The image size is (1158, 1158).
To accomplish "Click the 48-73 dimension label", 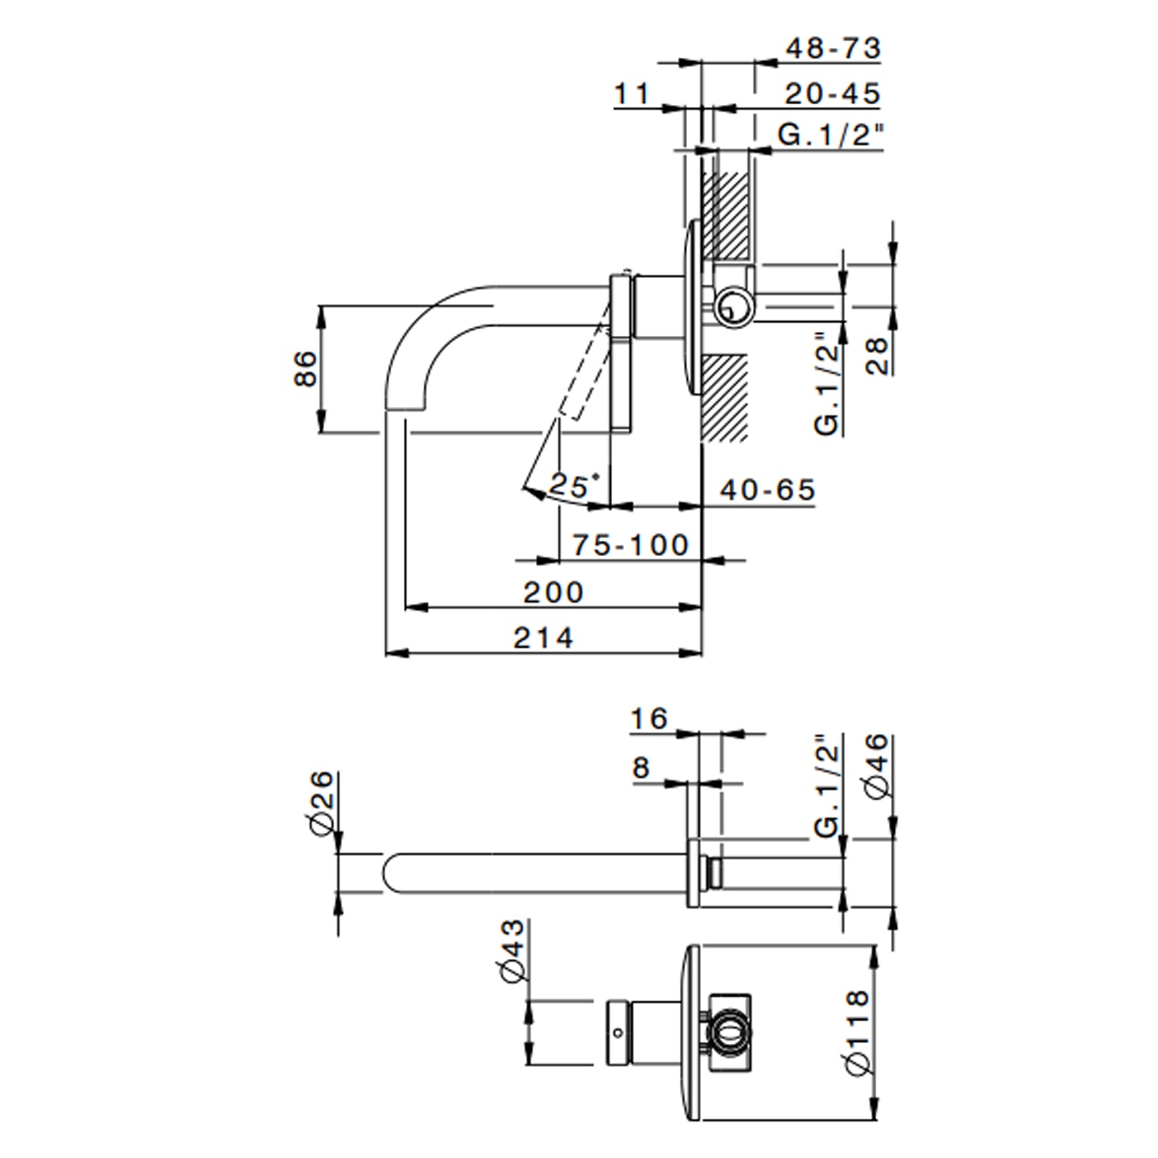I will pyautogui.click(x=832, y=49).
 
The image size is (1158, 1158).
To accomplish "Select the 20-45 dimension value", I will pyautogui.click(x=832, y=94).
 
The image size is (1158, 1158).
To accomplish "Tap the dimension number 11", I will pyautogui.click(x=632, y=94).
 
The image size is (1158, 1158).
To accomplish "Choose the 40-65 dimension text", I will pyautogui.click(x=767, y=489).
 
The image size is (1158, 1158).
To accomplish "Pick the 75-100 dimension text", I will pyautogui.click(x=630, y=545).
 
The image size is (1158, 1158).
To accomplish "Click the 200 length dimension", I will pyautogui.click(x=554, y=592).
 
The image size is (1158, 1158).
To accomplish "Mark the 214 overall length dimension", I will pyautogui.click(x=544, y=638).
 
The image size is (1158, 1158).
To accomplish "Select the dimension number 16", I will pyautogui.click(x=648, y=719).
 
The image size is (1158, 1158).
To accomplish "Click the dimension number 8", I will pyautogui.click(x=641, y=767).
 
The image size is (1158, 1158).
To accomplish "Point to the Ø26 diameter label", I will pyautogui.click(x=323, y=801).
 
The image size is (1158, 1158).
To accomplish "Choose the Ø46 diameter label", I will pyautogui.click(x=878, y=766).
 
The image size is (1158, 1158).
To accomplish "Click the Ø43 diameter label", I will pyautogui.click(x=511, y=950).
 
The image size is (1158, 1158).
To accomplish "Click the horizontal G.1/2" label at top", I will pyautogui.click(x=829, y=135).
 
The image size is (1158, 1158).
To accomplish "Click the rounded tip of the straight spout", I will pyautogui.click(x=388, y=874).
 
